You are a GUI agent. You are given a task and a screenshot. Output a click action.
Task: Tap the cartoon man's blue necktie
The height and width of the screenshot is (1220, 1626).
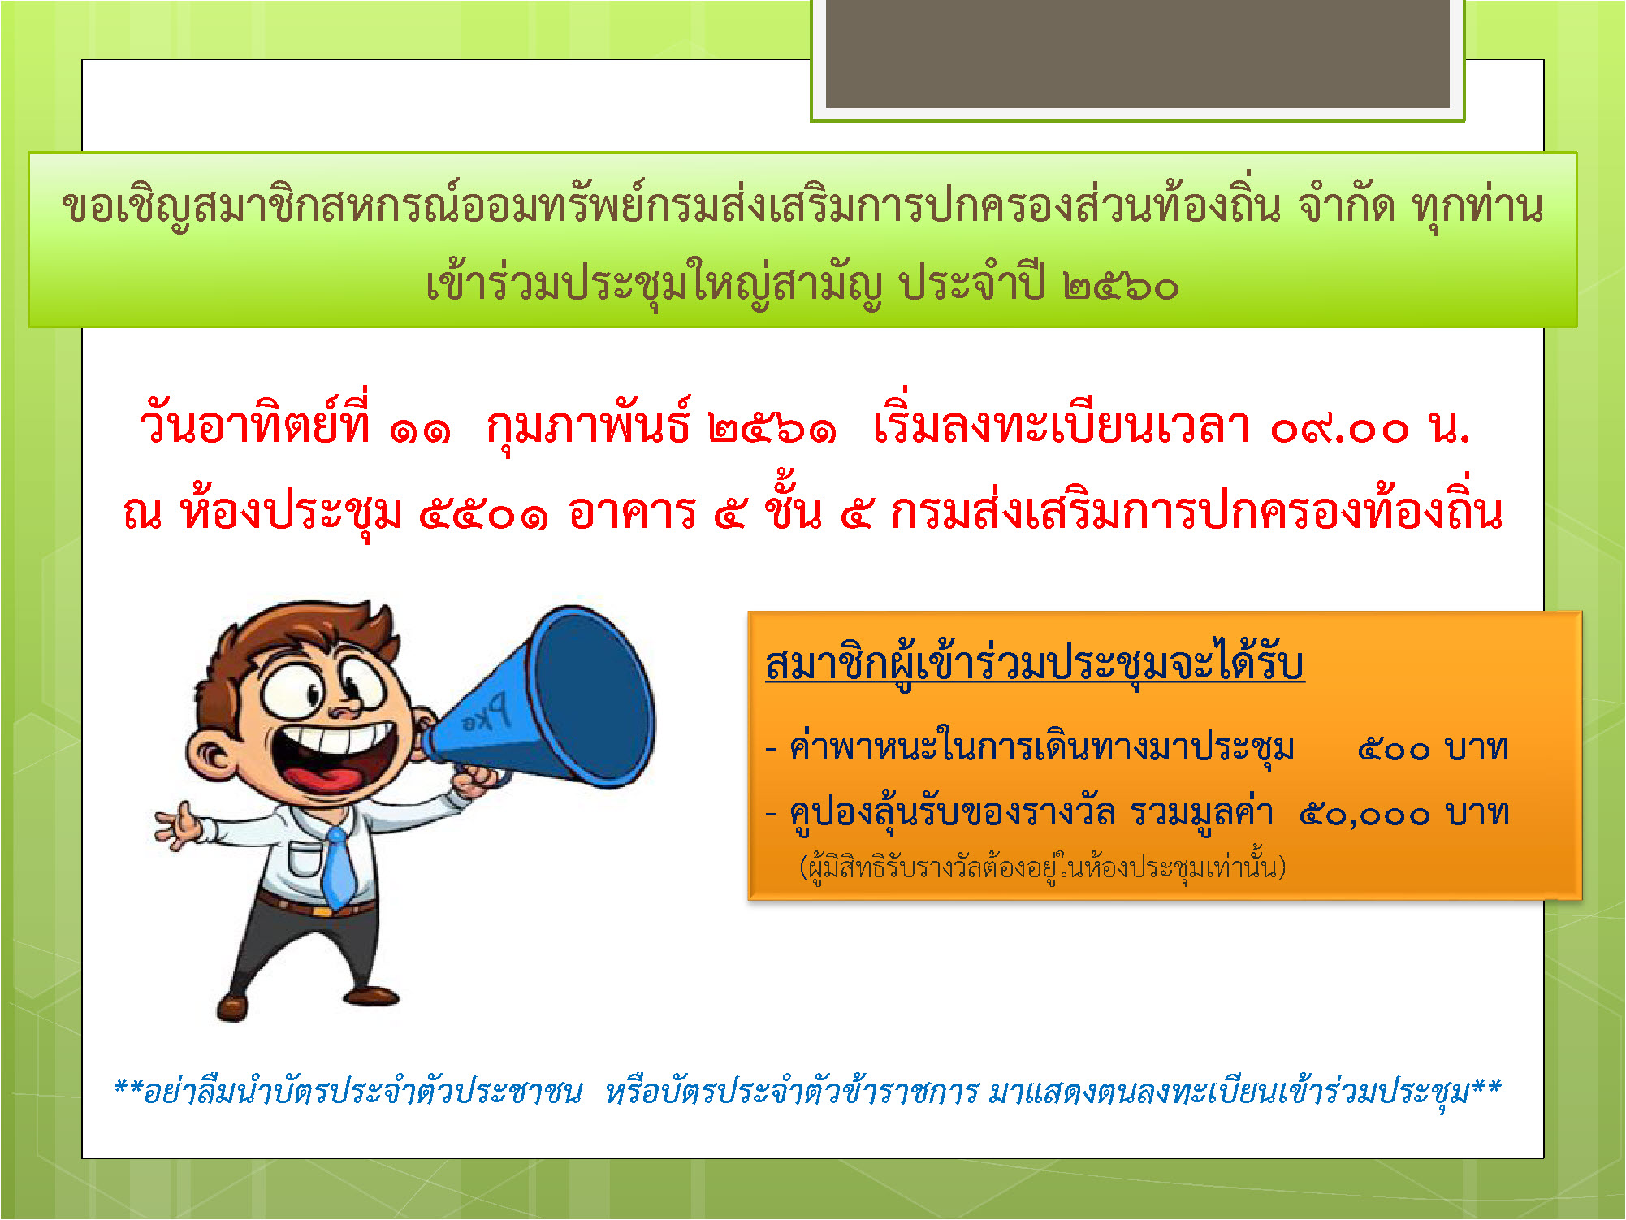coord(339,867)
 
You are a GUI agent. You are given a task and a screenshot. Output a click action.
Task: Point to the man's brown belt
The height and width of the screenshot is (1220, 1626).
coord(315,903)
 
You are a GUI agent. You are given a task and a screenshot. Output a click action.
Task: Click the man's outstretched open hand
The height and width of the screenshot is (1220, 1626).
coord(179,824)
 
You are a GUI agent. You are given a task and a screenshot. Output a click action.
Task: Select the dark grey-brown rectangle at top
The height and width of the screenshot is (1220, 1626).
coord(1137,53)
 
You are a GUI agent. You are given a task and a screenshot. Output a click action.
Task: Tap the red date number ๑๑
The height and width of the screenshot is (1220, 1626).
coord(419,429)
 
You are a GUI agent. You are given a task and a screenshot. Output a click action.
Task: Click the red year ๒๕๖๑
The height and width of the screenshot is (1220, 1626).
coord(772,428)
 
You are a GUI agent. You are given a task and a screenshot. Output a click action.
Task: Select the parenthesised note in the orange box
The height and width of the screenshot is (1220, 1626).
coord(1043,867)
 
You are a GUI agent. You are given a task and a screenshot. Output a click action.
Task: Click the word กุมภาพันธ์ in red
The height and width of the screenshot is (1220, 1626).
coord(589,426)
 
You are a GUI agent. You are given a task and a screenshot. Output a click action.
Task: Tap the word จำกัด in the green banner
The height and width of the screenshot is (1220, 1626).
coord(1346,206)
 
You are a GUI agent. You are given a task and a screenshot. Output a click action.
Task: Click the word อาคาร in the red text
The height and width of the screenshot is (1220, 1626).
coord(632,513)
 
